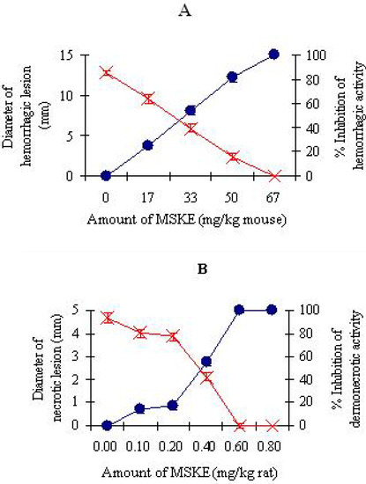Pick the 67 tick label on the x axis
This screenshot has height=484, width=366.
(x=273, y=195)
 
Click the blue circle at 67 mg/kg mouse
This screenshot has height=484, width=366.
(x=273, y=55)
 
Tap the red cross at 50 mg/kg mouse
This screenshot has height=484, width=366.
(x=232, y=157)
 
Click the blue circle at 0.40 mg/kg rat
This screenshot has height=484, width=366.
(x=206, y=361)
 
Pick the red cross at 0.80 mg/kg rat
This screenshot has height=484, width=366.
(x=272, y=425)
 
